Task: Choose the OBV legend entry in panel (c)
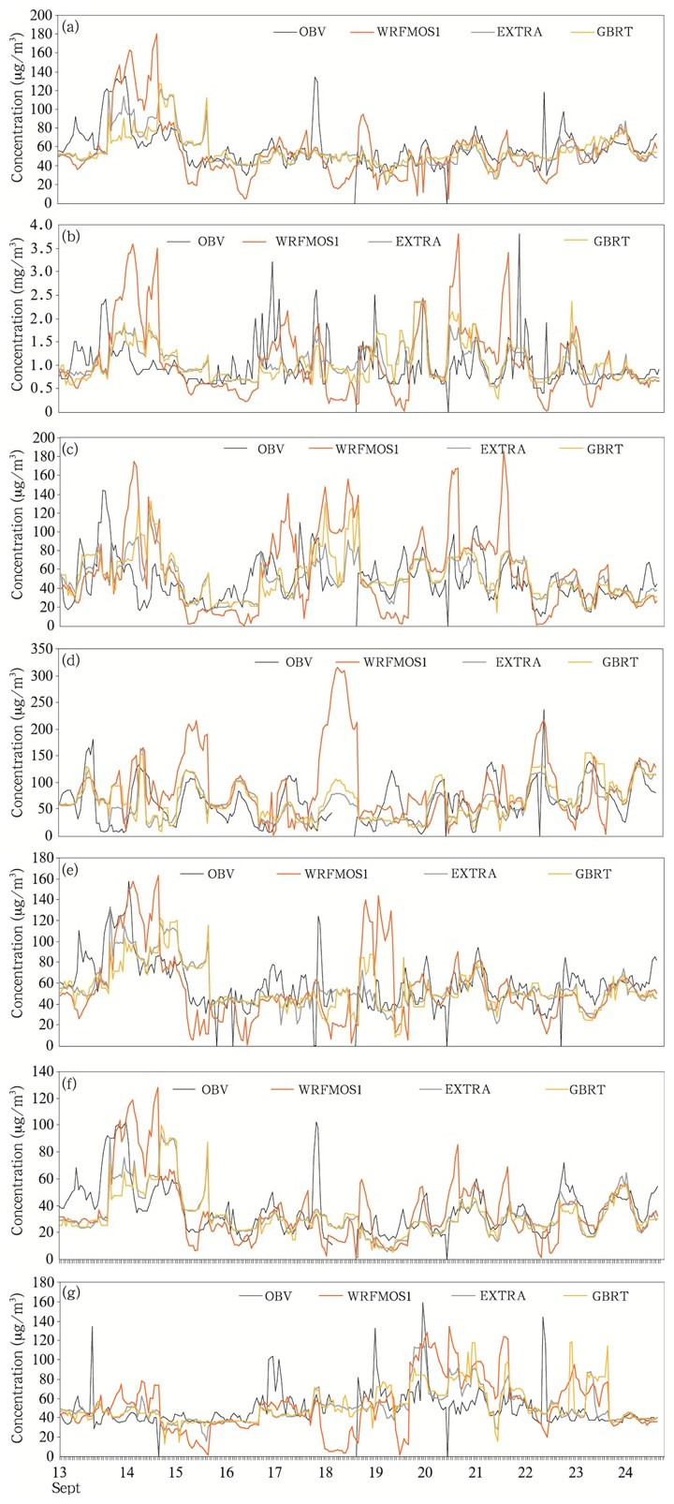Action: pyautogui.click(x=271, y=449)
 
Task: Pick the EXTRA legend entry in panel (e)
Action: pyautogui.click(x=474, y=874)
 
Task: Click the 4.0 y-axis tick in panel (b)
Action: pyautogui.click(x=41, y=225)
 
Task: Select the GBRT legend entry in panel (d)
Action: pyautogui.click(x=620, y=662)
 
